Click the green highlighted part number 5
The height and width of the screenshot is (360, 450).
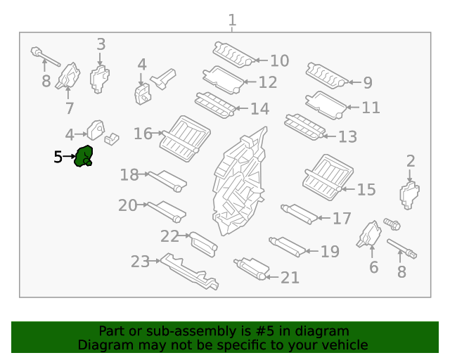tap(84, 156)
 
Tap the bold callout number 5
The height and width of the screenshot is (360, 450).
tap(58, 157)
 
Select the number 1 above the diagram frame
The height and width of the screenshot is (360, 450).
tap(232, 20)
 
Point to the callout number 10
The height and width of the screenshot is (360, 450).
tap(279, 61)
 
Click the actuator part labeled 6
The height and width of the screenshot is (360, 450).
tap(368, 235)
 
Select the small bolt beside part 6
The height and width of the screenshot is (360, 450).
tap(392, 225)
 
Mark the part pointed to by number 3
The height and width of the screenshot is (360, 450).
tap(100, 79)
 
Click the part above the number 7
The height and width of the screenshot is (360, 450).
tap(70, 76)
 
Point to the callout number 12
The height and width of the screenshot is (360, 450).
tap(268, 83)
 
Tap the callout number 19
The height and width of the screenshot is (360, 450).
tap(330, 252)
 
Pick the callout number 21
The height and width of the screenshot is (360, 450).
tap(290, 278)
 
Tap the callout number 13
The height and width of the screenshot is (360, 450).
tap(347, 136)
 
